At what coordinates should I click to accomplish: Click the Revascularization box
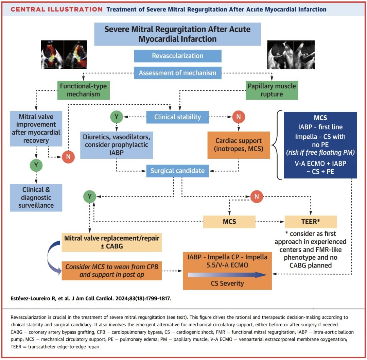tap(178, 56)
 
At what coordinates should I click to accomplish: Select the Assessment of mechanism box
tap(178, 73)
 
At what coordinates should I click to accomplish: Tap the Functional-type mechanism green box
tap(84, 90)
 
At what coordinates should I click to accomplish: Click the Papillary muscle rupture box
tap(272, 90)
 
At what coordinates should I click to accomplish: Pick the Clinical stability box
tap(178, 117)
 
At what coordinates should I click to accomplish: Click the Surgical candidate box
tap(178, 171)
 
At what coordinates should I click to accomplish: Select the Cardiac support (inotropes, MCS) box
tap(239, 145)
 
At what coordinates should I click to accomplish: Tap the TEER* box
tap(311, 222)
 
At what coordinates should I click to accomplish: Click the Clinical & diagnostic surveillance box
tap(36, 198)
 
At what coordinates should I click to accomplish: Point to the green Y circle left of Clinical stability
tap(117, 117)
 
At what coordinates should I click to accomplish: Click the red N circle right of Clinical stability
tap(239, 117)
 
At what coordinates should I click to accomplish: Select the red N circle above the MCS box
tap(257, 196)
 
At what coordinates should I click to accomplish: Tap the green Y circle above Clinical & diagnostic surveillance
tap(36, 165)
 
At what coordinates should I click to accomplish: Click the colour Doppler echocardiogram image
tap(64, 54)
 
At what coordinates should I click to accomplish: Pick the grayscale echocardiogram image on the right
tap(291, 55)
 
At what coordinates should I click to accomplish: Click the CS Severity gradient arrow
tap(227, 275)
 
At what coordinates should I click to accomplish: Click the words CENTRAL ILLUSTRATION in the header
tap(57, 10)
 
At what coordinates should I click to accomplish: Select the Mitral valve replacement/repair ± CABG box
tap(112, 242)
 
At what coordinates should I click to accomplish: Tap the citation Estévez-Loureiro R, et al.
tap(91, 298)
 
